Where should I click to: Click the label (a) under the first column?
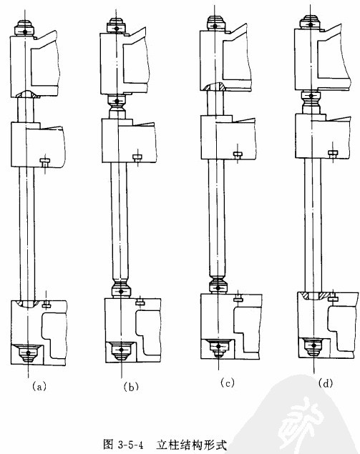tap(39, 386)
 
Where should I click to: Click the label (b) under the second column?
tap(131, 387)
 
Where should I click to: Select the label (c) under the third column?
tap(227, 383)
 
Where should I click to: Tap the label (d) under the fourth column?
tap(325, 383)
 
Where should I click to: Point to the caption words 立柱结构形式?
tap(191, 444)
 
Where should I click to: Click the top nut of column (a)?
tap(25, 28)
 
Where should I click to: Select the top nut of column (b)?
tap(116, 26)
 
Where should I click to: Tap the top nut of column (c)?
tap(215, 24)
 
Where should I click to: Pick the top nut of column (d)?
tap(310, 22)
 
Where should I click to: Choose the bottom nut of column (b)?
tap(121, 350)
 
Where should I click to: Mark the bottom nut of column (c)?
tap(218, 347)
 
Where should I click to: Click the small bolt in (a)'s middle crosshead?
tap(45, 163)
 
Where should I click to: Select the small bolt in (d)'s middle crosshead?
tap(333, 154)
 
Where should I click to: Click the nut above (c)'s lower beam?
tap(218, 285)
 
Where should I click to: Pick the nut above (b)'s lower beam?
tap(121, 289)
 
